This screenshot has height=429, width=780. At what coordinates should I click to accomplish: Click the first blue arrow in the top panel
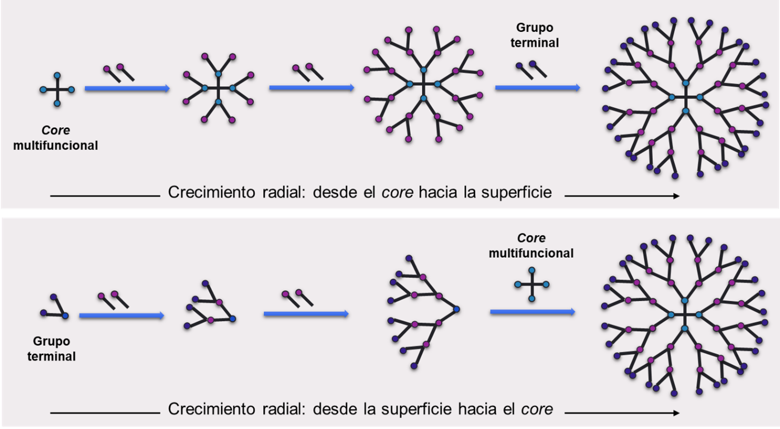point(127,89)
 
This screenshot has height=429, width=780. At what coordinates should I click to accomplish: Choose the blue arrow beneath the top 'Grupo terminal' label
point(537,88)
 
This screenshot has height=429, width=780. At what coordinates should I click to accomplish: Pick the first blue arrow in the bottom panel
point(121,316)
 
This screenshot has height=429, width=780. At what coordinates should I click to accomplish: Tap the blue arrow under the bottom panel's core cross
point(532,312)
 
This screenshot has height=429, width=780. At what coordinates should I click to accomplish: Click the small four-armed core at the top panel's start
point(57,90)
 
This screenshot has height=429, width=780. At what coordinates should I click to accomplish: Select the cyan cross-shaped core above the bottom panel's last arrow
point(532,285)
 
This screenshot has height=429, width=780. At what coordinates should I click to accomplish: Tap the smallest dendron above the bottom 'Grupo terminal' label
point(55,308)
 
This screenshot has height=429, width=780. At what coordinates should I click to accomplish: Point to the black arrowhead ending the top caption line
point(676,196)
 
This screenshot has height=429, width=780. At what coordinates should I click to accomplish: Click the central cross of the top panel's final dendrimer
point(686,97)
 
